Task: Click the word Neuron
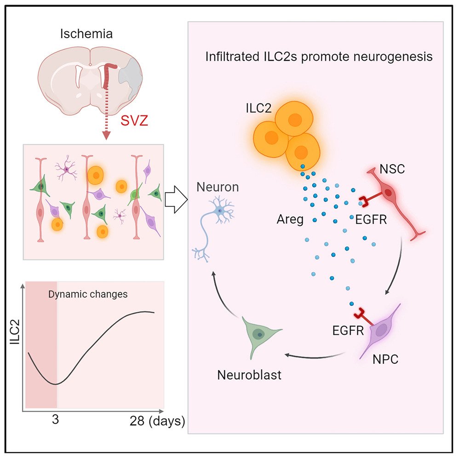coord(218,187)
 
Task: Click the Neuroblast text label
coord(249,374)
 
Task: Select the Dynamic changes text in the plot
coord(88,294)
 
